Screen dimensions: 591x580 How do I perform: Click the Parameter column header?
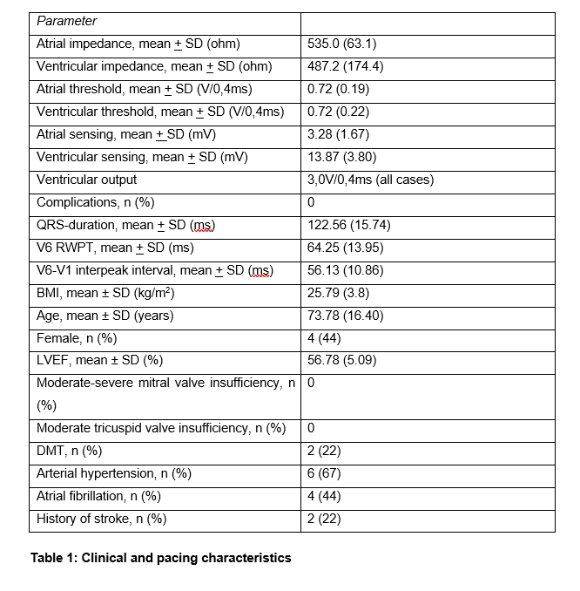pos(67,21)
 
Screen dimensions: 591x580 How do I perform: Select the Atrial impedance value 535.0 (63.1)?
pos(342,44)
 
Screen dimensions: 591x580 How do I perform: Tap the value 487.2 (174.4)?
pos(346,66)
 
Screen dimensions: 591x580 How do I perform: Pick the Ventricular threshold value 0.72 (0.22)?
pos(339,112)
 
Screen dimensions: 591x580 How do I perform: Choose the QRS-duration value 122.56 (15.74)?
pos(349,225)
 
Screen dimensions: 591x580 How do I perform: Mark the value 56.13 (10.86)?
pos(346,270)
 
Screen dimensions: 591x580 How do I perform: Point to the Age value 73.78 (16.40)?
pos(346,316)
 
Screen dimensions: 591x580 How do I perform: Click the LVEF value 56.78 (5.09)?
pos(342,361)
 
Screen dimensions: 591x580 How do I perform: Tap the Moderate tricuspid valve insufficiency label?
pos(161,428)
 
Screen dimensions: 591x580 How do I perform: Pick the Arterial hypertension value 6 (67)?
pos(325,473)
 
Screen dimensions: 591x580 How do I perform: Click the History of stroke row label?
pos(101,519)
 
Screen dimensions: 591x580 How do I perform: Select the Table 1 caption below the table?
pos(160,557)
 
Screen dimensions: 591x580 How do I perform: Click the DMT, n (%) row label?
pos(69,451)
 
